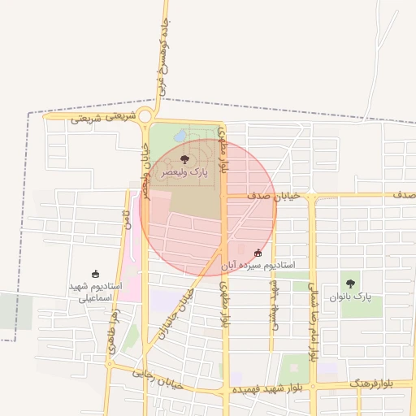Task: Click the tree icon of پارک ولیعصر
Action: [184, 159]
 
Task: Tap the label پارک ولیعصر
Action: [184, 172]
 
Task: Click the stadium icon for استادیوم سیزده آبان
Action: [258, 253]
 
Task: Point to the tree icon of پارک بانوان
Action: [350, 284]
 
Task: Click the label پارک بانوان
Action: [350, 297]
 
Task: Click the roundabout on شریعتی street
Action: [147, 115]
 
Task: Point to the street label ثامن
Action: [127, 219]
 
